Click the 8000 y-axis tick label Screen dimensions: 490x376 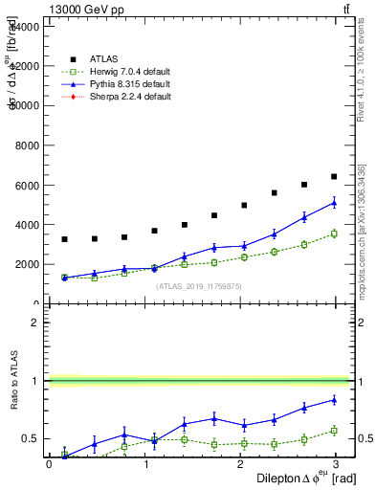click(x=27, y=145)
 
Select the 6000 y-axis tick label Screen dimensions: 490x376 click(x=27, y=185)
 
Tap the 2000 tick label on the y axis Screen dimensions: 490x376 click(x=27, y=264)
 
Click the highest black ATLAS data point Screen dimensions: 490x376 click(x=333, y=176)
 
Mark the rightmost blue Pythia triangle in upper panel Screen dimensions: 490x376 click(x=333, y=203)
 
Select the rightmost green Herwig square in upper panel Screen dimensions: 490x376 click(x=333, y=234)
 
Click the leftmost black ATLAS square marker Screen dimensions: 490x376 click(x=64, y=239)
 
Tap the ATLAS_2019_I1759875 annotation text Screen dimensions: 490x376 click(x=197, y=286)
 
